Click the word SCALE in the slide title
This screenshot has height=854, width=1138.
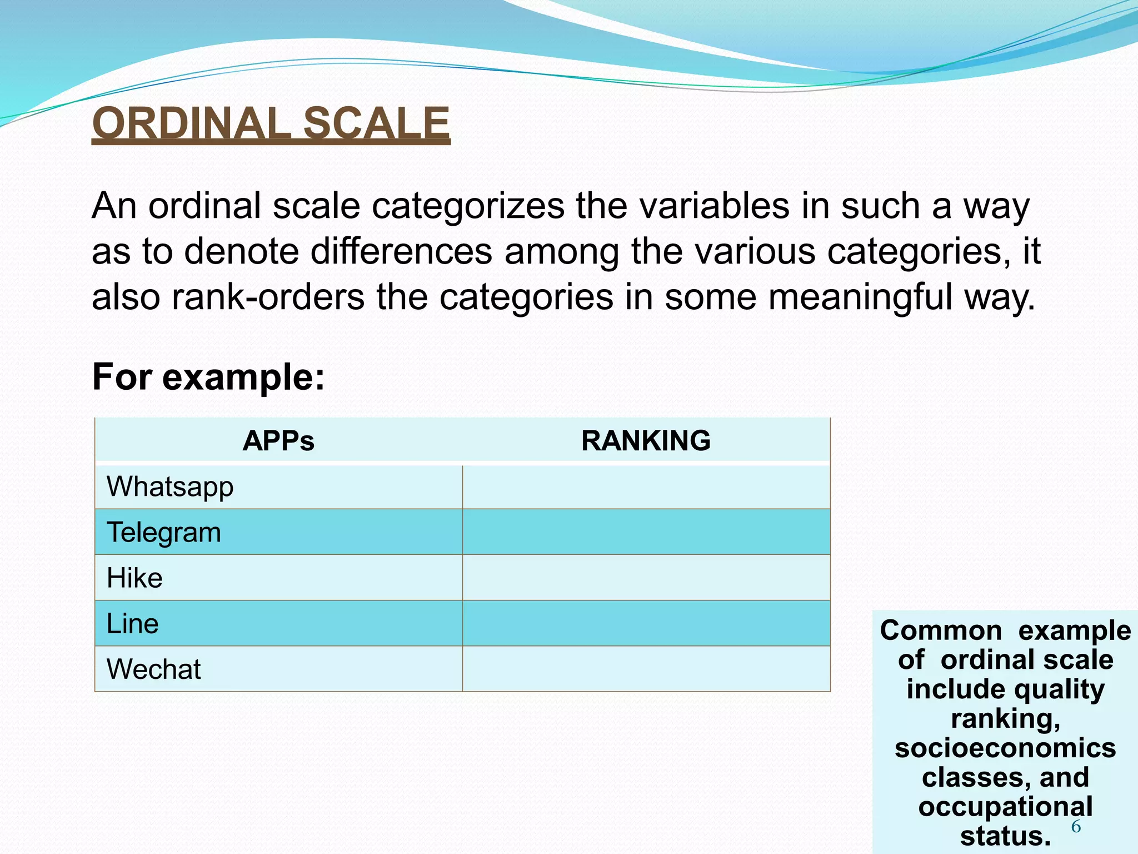click(x=376, y=123)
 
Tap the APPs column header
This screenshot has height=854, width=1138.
click(x=278, y=441)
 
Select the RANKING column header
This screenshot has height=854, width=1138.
click(x=646, y=441)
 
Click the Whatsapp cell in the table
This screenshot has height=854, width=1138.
click(x=170, y=487)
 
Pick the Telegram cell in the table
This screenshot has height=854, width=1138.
click(x=164, y=533)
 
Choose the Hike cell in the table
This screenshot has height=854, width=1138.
click(x=134, y=578)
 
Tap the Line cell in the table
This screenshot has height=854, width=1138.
click(x=133, y=624)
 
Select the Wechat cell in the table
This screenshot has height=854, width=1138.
click(x=154, y=669)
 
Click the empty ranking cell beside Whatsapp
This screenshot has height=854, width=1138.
click(x=646, y=487)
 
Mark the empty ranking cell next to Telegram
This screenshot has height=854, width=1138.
click(x=646, y=533)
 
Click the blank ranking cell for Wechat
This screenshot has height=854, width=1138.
click(x=646, y=669)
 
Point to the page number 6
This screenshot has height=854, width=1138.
click(x=1076, y=827)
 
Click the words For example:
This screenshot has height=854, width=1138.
click(x=208, y=378)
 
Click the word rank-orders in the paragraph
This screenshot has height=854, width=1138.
click(x=268, y=297)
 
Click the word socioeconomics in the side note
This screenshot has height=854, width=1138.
click(x=1005, y=748)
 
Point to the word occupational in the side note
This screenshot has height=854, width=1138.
click(x=1005, y=807)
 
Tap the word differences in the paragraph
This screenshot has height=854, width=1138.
click(x=401, y=252)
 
